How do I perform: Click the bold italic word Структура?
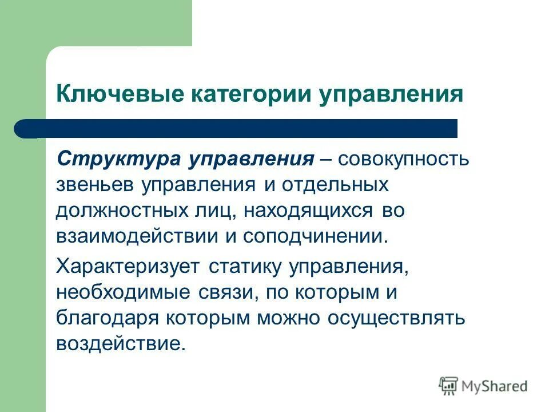coord(117,159)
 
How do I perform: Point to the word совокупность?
coord(404,159)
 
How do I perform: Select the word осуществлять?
coord(394,318)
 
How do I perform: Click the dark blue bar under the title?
coord(240,128)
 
